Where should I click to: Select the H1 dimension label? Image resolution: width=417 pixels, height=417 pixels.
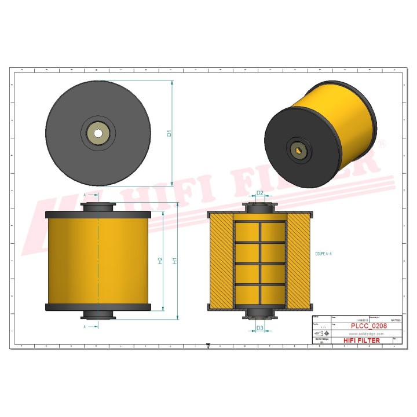(175, 261)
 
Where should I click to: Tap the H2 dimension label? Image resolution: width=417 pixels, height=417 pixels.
(160, 261)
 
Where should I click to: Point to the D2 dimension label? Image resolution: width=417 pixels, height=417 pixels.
(260, 193)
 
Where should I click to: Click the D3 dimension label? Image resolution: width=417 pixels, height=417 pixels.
(260, 328)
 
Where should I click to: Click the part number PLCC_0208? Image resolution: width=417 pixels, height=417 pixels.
(368, 326)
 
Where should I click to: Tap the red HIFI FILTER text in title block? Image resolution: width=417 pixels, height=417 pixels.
(363, 341)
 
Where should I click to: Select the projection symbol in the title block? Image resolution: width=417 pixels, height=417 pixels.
(319, 335)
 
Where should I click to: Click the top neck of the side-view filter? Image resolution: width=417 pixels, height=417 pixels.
(98, 207)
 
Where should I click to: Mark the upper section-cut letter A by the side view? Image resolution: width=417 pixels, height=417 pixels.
(85, 195)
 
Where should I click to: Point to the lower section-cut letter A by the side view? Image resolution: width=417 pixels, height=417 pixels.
(85, 327)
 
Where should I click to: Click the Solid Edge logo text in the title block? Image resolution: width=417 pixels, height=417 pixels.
(318, 341)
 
